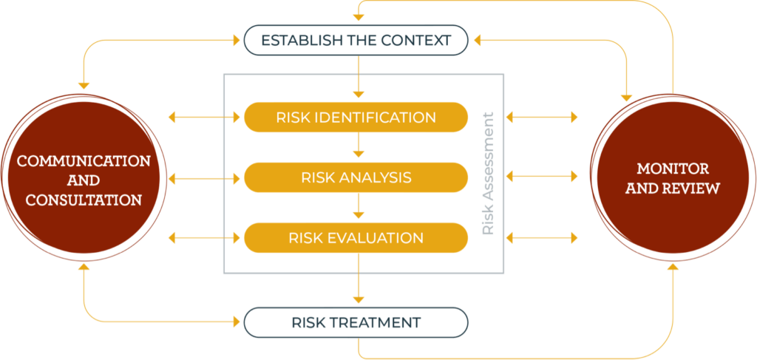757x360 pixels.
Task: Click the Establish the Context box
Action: (356, 40)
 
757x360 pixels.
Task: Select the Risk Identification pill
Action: (356, 117)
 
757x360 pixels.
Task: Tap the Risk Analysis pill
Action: (356, 177)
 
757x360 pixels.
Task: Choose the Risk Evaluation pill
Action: (356, 238)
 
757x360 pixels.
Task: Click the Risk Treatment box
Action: (356, 322)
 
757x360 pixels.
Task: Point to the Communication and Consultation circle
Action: (79, 180)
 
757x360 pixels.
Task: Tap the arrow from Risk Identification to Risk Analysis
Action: (359, 146)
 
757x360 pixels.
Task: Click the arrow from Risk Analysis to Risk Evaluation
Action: (359, 206)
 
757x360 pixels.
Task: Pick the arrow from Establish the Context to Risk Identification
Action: (359, 77)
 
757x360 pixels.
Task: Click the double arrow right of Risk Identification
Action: (542, 117)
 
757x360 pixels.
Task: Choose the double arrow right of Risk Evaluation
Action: (542, 238)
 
